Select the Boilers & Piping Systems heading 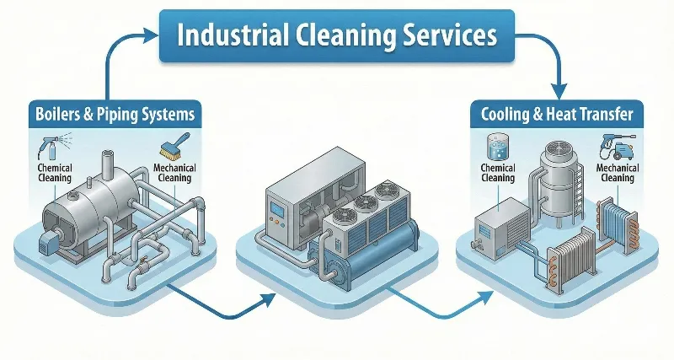point(115,114)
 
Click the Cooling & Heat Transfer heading point(551,114)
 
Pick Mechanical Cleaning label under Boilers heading point(176,173)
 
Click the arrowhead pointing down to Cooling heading point(557,89)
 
